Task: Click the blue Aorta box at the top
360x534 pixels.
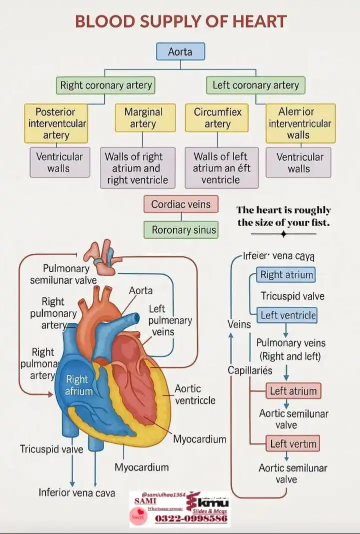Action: click(x=180, y=52)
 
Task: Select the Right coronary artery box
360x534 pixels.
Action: click(x=105, y=85)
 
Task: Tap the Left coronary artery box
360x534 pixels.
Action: click(x=255, y=85)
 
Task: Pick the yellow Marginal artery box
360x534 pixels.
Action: click(x=143, y=118)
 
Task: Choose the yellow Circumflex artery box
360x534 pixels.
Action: click(x=217, y=118)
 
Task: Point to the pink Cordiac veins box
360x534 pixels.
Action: click(x=181, y=204)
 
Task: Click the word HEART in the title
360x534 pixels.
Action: click(x=261, y=22)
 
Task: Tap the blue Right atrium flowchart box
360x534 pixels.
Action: click(x=286, y=275)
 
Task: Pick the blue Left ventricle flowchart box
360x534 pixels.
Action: click(x=288, y=315)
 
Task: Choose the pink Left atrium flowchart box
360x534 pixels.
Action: click(x=293, y=391)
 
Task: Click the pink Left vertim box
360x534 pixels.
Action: click(x=293, y=443)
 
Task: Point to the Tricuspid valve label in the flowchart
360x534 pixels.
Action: click(x=292, y=296)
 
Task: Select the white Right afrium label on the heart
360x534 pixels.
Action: click(x=78, y=385)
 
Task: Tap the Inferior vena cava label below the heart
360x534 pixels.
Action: click(x=76, y=492)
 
